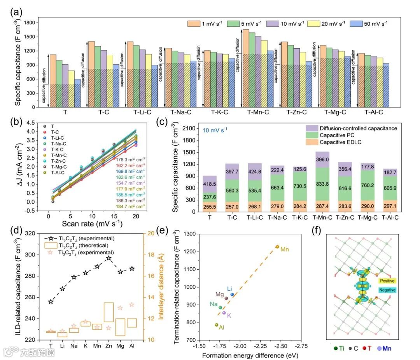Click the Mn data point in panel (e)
pyautogui.click(x=277, y=246)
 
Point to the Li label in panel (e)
pyautogui.click(x=229, y=288)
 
